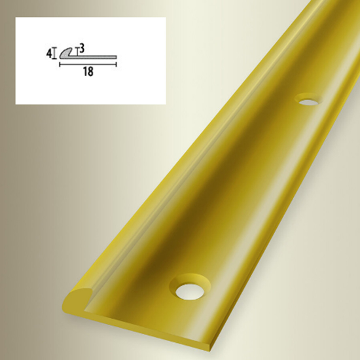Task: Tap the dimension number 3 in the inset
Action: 82,48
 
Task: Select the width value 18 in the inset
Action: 88,72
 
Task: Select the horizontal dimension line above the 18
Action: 88,65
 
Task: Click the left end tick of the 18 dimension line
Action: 60,65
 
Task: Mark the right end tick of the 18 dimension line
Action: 117,65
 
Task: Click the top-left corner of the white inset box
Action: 16,18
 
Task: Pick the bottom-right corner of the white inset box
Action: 165,103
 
